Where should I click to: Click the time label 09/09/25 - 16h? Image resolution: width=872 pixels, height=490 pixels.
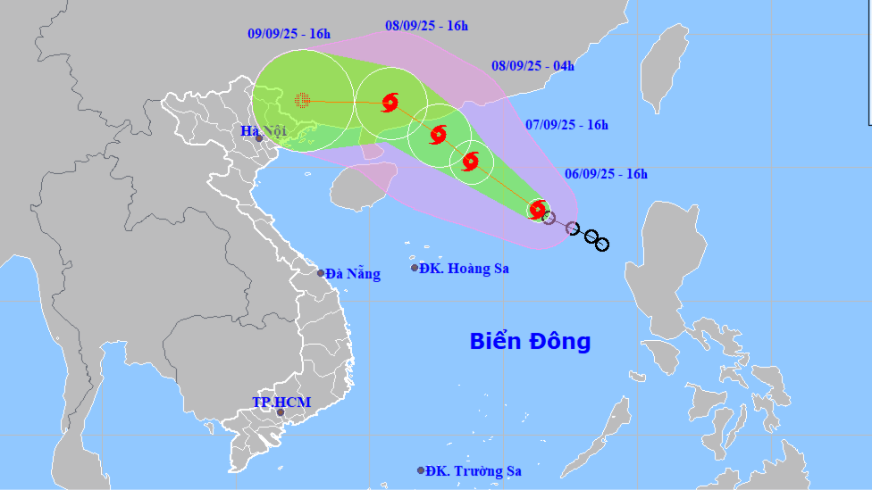[x=289, y=34]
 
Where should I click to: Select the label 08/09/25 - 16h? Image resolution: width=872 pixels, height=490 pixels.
[x=426, y=26]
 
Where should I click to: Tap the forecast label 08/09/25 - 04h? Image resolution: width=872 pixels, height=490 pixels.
[x=532, y=65]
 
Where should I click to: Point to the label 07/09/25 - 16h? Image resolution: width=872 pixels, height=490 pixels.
[x=566, y=125]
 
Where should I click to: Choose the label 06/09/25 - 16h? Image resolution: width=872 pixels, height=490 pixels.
[x=606, y=174]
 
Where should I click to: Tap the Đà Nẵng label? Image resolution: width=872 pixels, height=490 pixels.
[x=353, y=274]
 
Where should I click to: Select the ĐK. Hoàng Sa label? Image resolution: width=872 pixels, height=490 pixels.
[x=465, y=268]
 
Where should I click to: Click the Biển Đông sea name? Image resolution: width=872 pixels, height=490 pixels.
[x=530, y=341]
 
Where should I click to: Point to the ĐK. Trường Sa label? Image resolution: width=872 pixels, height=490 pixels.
[x=474, y=470]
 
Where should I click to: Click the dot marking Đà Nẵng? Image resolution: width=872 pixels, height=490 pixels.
[x=321, y=273]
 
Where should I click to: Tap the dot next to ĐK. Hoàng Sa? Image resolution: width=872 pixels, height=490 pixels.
[x=415, y=268]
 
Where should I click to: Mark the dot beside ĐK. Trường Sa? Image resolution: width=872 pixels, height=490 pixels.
[x=420, y=470]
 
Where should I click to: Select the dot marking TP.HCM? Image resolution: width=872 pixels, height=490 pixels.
[x=281, y=412]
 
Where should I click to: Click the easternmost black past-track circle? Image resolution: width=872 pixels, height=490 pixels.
[x=602, y=244]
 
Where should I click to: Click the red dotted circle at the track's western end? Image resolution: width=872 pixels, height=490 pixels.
[x=302, y=100]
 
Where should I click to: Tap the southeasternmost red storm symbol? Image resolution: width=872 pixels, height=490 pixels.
[x=537, y=210]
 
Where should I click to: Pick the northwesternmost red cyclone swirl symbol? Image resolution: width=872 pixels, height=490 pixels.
[x=390, y=103]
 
